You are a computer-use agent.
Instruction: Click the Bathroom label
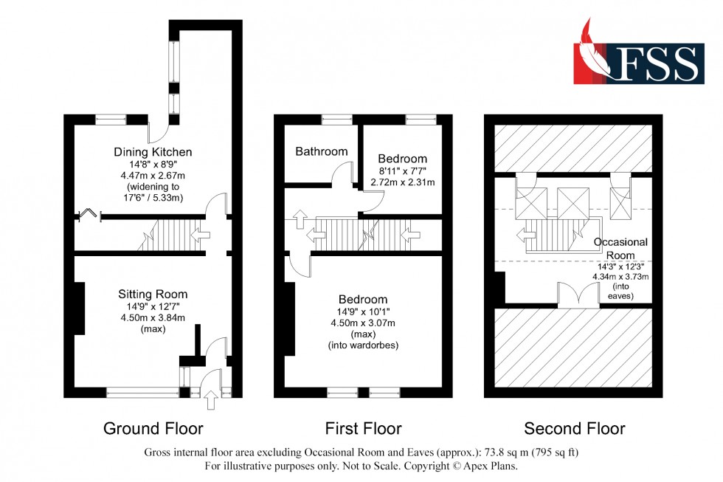pyautogui.click(x=321, y=151)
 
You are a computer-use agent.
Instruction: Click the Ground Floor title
pyautogui.click(x=153, y=428)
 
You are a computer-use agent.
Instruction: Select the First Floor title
pyautogui.click(x=363, y=428)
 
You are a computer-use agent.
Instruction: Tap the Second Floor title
pyautogui.click(x=574, y=428)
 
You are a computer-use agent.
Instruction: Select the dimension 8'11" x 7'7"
pyautogui.click(x=402, y=171)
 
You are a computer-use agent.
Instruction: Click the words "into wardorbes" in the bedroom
pyautogui.click(x=363, y=345)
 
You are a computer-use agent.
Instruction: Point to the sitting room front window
pyautogui.click(x=142, y=393)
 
